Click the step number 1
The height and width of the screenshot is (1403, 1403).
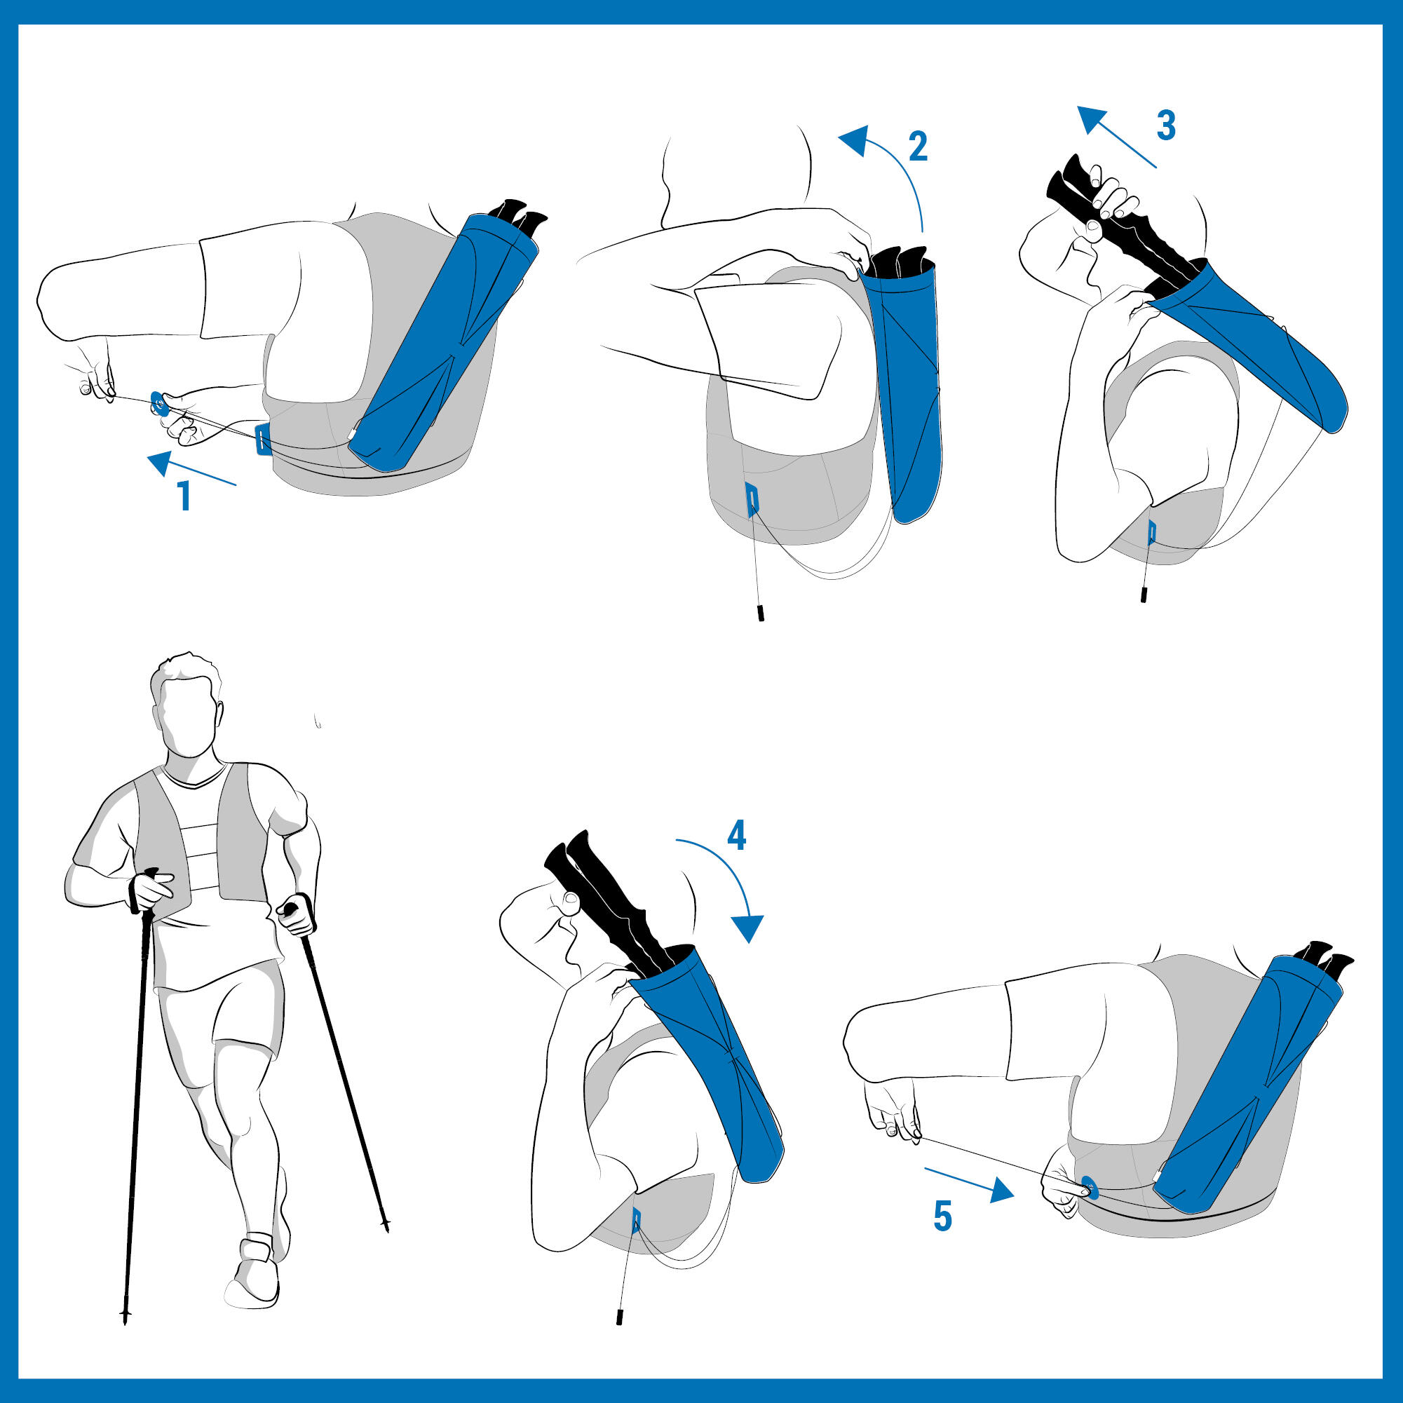(x=184, y=496)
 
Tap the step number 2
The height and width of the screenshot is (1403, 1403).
(x=918, y=147)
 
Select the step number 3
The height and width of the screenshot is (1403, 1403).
(x=1165, y=126)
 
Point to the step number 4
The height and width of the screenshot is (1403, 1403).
(x=736, y=836)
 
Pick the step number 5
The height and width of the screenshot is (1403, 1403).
(x=942, y=1216)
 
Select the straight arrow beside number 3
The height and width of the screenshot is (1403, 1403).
(x=1116, y=137)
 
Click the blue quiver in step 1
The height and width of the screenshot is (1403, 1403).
(x=444, y=341)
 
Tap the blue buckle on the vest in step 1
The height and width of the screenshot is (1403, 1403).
(x=264, y=440)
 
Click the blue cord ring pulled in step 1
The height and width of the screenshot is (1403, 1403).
(x=160, y=403)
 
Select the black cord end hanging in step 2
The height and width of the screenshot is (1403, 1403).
(x=761, y=612)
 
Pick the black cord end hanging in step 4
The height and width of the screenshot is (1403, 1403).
(x=619, y=1317)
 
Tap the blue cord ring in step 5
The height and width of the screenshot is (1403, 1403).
(x=1090, y=1186)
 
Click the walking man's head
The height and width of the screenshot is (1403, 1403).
(x=186, y=705)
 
